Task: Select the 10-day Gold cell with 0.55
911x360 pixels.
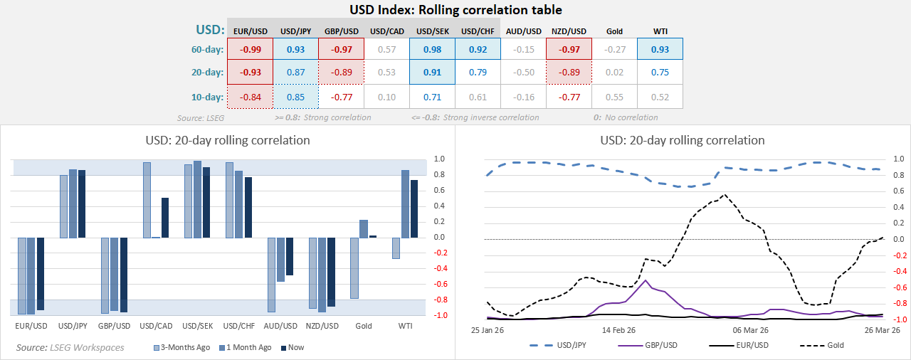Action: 614,97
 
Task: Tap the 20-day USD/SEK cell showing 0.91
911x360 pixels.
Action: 432,72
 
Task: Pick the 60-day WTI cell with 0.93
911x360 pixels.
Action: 660,49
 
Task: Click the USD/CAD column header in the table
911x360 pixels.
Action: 386,31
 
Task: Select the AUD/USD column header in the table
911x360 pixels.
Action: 523,31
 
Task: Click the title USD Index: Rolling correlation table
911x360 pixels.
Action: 455,10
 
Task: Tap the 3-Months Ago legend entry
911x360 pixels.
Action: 182,348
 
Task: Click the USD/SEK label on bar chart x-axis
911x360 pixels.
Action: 198,327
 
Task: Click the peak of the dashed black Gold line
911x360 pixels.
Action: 725,195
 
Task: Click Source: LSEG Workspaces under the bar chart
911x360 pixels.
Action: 70,347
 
